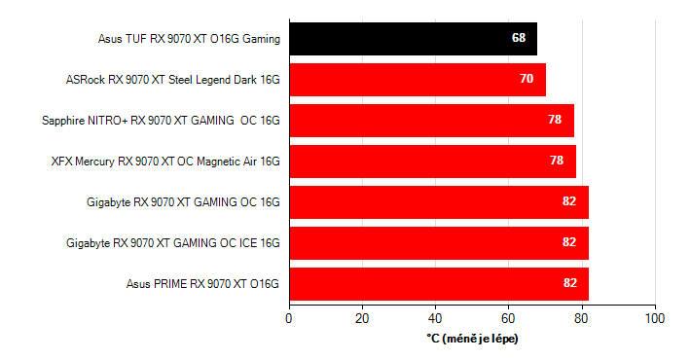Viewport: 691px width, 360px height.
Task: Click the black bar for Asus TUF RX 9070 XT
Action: (x=413, y=38)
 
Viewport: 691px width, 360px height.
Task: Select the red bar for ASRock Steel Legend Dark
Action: (x=417, y=79)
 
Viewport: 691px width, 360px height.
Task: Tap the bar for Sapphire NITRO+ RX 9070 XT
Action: (x=431, y=120)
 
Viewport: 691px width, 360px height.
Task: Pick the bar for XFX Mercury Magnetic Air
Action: (x=432, y=161)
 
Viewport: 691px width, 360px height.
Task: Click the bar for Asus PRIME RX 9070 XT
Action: (x=438, y=283)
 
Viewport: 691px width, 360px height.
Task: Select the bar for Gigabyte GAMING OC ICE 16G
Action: (x=438, y=242)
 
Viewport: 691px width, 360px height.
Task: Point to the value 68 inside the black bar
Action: (x=519, y=38)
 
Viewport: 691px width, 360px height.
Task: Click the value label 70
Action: (x=527, y=79)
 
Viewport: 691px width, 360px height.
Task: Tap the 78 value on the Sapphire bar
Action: (x=556, y=120)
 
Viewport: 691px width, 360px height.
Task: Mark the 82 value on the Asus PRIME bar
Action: (x=569, y=283)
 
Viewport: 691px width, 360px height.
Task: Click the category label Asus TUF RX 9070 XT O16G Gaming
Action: (x=189, y=39)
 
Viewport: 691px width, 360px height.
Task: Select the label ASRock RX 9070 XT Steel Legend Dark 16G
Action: (x=172, y=80)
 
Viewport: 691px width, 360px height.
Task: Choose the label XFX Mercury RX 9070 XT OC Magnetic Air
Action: (x=165, y=162)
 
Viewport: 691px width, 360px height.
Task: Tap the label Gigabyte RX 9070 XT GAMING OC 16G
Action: (x=183, y=202)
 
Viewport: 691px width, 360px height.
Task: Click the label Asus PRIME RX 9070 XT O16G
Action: (x=202, y=284)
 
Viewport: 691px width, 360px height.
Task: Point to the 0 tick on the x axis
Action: (x=289, y=318)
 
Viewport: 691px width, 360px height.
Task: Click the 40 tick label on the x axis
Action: (x=435, y=318)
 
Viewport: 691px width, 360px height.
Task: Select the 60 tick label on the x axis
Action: (x=508, y=318)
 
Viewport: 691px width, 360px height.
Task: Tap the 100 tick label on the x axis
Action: (x=655, y=318)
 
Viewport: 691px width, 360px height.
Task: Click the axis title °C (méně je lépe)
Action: (x=472, y=338)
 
